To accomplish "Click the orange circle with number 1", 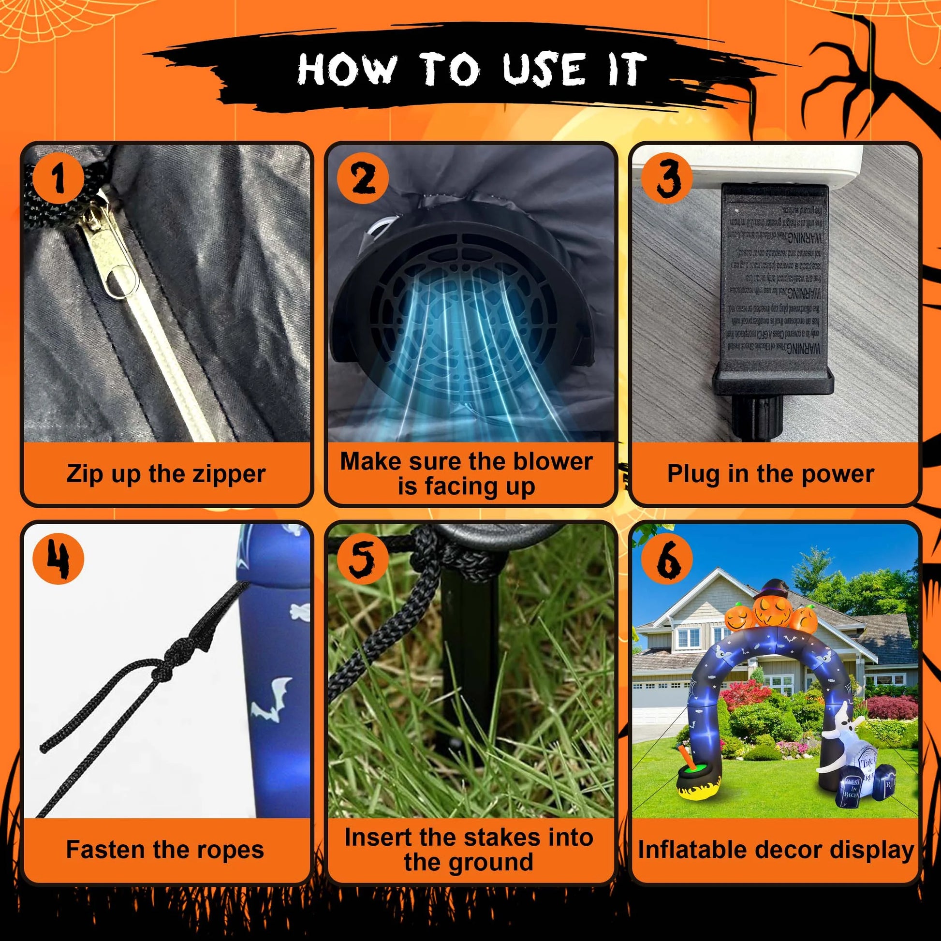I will [x=58, y=178].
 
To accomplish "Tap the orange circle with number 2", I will [x=363, y=178].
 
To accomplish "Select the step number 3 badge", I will [x=667, y=178].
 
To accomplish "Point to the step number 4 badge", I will [x=58, y=559].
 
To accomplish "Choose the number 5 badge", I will [x=363, y=559].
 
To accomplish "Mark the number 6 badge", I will [x=667, y=559].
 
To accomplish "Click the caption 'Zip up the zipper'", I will [x=166, y=474].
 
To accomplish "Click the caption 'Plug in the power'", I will [x=770, y=474].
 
